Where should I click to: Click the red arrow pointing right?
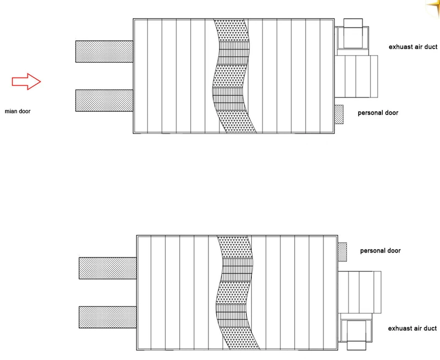click(26, 81)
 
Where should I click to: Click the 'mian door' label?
click(18, 111)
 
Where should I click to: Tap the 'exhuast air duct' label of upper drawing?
click(413, 47)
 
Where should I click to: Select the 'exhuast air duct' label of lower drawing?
click(412, 328)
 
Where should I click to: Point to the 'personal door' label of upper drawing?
click(378, 113)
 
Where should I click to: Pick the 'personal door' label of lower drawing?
click(380, 251)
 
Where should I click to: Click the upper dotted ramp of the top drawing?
click(104, 51)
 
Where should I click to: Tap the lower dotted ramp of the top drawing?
click(104, 101)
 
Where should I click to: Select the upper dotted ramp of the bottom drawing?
click(108, 268)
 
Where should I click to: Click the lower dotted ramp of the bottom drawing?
click(108, 317)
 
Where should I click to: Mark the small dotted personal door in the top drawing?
click(339, 114)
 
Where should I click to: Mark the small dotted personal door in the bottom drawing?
click(342, 252)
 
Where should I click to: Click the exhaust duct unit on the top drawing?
click(352, 37)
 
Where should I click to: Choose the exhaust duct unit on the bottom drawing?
click(355, 332)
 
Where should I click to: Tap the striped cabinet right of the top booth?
click(356, 77)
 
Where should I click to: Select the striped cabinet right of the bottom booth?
click(360, 292)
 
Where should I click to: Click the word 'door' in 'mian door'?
click(25, 111)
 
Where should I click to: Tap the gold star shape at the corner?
click(433, 7)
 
